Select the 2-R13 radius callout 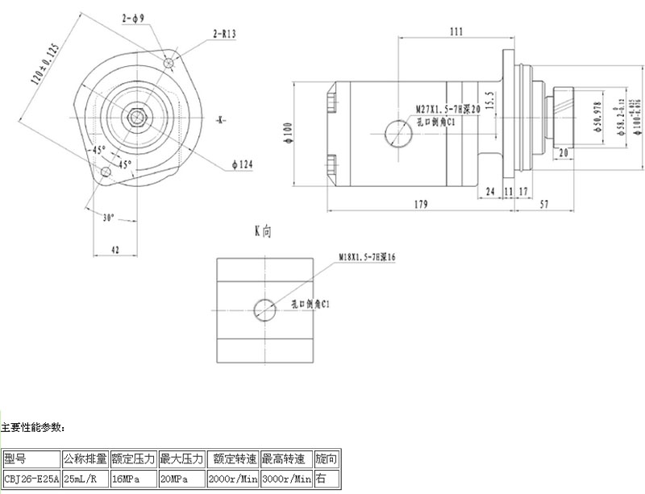[x=224, y=33]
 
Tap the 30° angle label [x=110, y=217]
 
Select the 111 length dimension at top [x=456, y=31]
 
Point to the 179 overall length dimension [x=421, y=205]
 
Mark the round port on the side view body [x=398, y=134]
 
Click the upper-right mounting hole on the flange [x=169, y=62]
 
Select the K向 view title [x=263, y=230]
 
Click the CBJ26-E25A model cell [x=31, y=479]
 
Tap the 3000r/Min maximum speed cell [x=286, y=479]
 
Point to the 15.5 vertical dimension [x=489, y=100]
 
